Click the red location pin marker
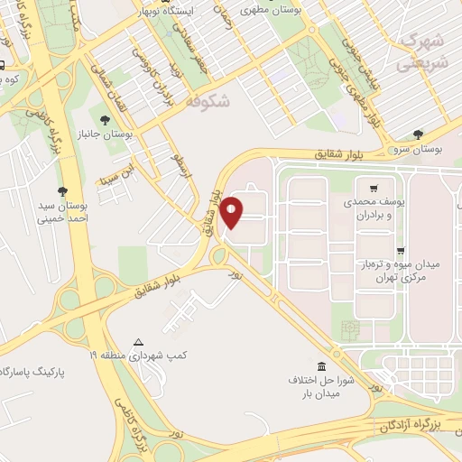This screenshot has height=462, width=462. click(x=232, y=210)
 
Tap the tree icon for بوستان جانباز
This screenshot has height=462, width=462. click(x=106, y=118)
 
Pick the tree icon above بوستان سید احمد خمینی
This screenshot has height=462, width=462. click(x=61, y=190)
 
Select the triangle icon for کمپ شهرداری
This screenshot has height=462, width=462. click(x=138, y=342)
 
